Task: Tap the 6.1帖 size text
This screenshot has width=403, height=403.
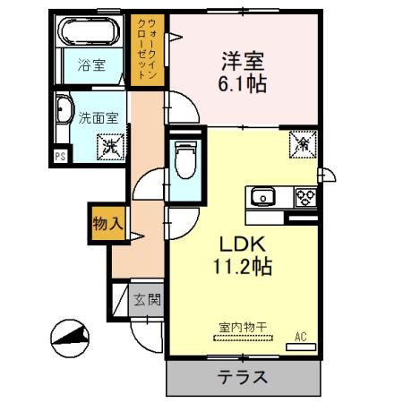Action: coord(244,87)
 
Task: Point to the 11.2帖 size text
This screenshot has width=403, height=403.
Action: coord(235,267)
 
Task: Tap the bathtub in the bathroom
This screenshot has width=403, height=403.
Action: coord(89,34)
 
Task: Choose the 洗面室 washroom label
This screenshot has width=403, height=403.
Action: coord(96,116)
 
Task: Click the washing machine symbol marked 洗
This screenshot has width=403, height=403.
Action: coord(109,143)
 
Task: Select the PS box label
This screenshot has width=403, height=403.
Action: coord(60,156)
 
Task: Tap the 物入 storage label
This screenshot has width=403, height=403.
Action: coord(107,223)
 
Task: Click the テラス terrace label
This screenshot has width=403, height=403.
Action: coord(242,377)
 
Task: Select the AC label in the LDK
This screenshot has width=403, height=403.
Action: coord(301,336)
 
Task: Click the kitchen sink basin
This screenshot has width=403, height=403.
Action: coord(262,197)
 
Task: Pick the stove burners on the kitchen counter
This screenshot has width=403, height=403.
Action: coord(304,197)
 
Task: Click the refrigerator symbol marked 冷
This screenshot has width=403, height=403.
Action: coord(302,142)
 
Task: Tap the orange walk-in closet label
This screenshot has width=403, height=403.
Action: coord(149,50)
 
